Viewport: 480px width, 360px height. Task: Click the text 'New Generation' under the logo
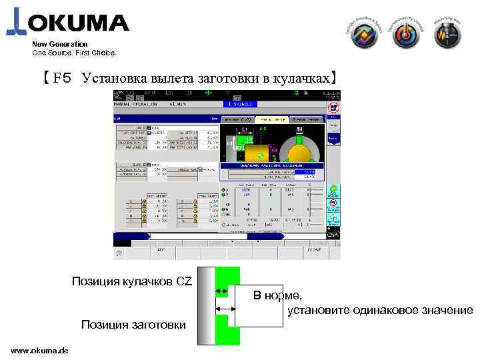coord(60,44)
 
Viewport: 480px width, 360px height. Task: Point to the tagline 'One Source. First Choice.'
coord(74,52)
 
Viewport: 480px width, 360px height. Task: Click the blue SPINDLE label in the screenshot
coord(241,104)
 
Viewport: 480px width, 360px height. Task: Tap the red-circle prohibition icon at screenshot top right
coord(334,107)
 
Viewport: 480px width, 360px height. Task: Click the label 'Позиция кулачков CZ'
coord(131,281)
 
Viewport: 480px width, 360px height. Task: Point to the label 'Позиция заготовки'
coord(133,325)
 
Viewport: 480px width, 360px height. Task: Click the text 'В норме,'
coord(277,296)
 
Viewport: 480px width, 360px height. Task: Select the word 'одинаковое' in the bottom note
coord(384,311)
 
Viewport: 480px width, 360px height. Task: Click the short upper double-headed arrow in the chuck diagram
coord(222,292)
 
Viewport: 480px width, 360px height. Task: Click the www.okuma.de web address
coord(39,351)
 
